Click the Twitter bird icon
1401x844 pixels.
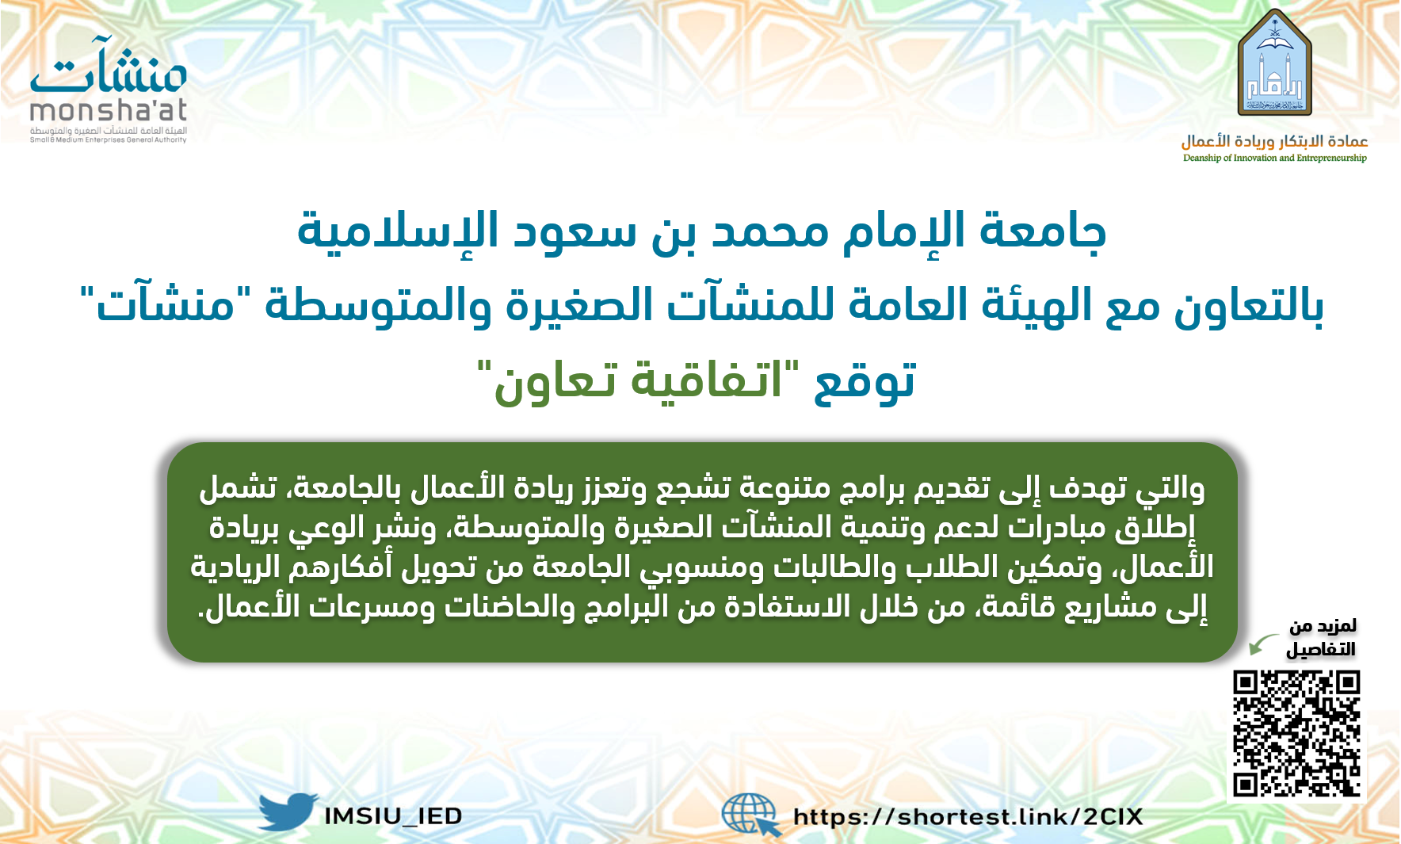(x=288, y=812)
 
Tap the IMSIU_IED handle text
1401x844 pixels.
(x=393, y=816)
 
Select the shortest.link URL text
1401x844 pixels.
(x=968, y=817)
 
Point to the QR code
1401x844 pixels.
(x=1296, y=734)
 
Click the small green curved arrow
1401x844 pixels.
(x=1264, y=644)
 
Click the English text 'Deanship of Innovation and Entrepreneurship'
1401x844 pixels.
(x=1275, y=158)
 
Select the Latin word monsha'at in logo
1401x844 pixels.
(x=109, y=110)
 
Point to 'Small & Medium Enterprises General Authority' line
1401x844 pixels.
(x=109, y=140)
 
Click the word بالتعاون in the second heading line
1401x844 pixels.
(x=1249, y=305)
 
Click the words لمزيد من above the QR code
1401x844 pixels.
(x=1323, y=626)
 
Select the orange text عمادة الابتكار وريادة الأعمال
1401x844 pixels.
(x=1275, y=141)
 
